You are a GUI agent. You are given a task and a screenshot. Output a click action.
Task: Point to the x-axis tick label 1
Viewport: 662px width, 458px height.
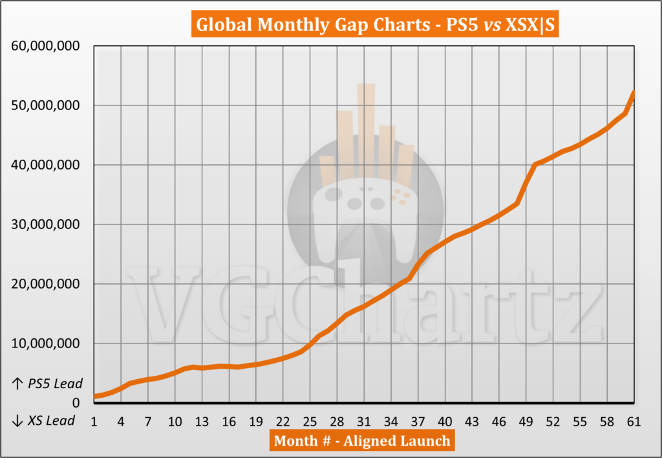[94, 421]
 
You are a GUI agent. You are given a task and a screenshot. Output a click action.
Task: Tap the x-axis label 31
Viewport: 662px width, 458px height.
[364, 421]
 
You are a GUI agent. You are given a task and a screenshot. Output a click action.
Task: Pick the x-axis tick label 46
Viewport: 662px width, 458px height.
[499, 421]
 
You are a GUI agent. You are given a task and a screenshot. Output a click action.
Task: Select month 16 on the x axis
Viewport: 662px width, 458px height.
[230, 421]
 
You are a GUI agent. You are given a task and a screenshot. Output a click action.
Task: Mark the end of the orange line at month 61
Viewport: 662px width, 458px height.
[634, 93]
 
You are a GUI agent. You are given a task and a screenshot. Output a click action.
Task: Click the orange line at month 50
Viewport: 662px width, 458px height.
[535, 164]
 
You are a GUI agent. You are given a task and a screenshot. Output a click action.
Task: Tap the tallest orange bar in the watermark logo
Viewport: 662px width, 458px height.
[366, 129]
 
